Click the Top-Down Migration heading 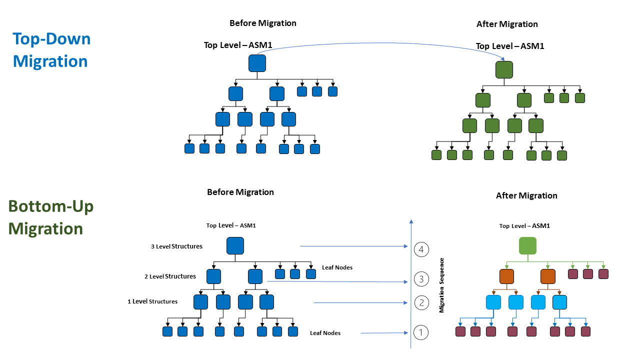tap(51, 50)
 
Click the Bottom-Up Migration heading tap(51, 217)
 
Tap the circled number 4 tap(421, 249)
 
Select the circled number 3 tap(421, 279)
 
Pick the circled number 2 tap(421, 302)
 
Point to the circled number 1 tap(421, 332)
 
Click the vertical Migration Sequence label tap(441, 285)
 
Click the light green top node tap(527, 246)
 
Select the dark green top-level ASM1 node tap(504, 69)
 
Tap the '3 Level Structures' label tap(176, 246)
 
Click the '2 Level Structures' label tap(170, 276)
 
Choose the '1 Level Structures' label tap(152, 301)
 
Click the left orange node tap(506, 276)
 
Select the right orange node tap(548, 276)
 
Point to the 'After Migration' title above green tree tap(507, 24)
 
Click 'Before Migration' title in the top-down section tap(262, 23)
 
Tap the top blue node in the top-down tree tap(257, 63)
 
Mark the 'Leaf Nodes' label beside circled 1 tap(325, 333)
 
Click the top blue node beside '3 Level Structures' tap(235, 246)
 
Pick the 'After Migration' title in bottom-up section tap(526, 195)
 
